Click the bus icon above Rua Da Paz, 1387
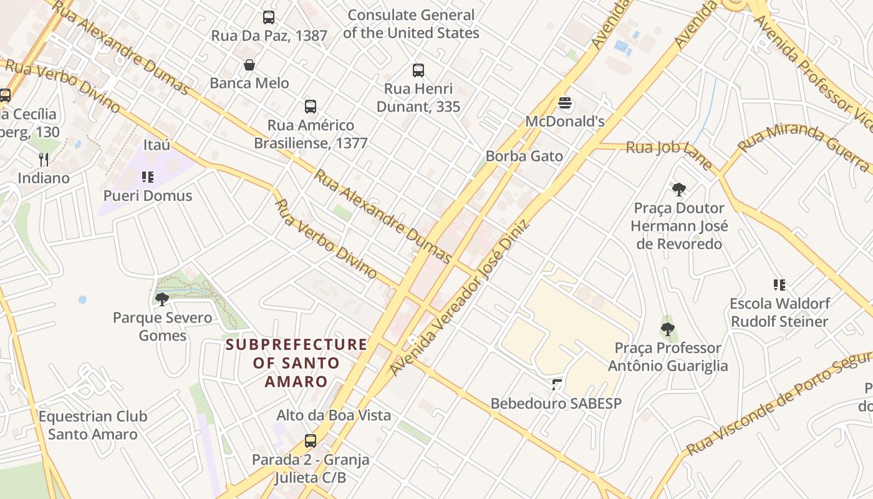268,17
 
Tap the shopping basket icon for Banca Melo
249,65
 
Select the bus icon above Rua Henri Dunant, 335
418,70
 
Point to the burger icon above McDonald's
565,103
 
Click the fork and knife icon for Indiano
44,160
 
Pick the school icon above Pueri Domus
148,177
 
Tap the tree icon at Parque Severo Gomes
162,299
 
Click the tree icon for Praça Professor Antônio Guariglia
668,329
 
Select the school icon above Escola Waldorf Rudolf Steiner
779,285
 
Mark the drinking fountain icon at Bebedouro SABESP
556,385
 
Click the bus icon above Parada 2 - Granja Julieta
311,441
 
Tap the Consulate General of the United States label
412,24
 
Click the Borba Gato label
524,156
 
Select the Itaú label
157,145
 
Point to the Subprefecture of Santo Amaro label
296,362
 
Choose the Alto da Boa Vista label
334,415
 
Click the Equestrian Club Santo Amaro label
93,425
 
